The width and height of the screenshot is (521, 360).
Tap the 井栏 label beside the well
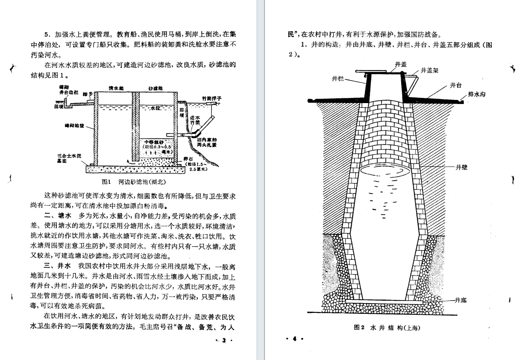338,79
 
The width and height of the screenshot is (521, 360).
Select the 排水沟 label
476,94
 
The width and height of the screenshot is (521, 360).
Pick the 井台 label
456,85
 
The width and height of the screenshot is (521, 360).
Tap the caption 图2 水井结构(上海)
387,328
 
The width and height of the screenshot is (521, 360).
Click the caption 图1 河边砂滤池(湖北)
134,182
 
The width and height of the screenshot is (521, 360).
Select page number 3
223,341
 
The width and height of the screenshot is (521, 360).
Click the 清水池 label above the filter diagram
116,88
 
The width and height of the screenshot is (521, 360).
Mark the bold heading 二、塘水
58,216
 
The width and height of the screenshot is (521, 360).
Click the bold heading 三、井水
58,267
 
